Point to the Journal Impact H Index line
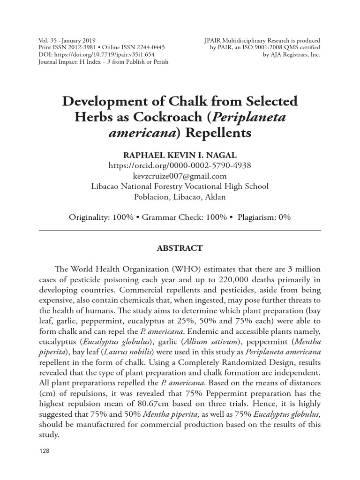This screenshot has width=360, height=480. (x=103, y=61)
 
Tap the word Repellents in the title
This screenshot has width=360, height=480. (x=218, y=133)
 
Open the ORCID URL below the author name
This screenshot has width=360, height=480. (x=180, y=165)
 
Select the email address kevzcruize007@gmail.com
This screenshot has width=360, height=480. (x=180, y=176)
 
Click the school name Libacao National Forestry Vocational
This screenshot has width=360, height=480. (x=169, y=186)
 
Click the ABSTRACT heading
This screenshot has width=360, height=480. (x=180, y=248)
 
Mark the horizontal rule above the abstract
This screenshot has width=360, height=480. (x=180, y=231)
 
